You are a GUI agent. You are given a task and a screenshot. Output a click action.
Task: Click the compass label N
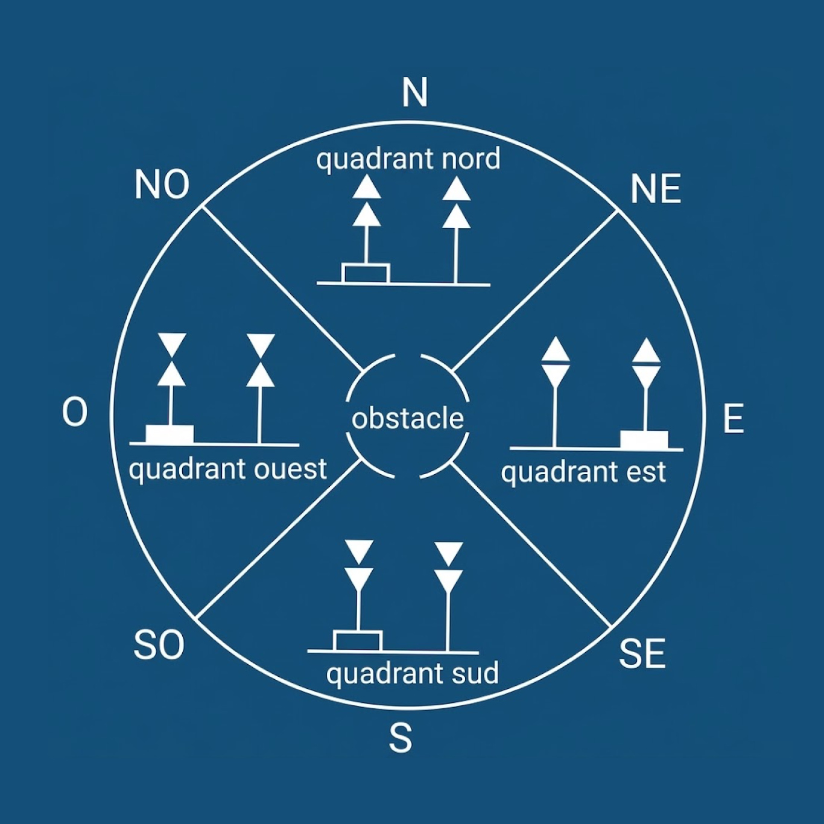point(414,93)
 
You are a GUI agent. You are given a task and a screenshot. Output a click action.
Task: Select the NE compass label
point(656,189)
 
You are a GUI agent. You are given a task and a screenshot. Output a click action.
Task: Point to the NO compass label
point(162,185)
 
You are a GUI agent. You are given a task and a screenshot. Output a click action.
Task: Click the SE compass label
point(642,653)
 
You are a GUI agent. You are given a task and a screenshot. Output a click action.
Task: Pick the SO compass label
point(159,645)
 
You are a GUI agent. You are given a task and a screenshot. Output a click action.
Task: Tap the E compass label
point(734,418)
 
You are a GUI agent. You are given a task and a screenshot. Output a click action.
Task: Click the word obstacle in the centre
point(408,419)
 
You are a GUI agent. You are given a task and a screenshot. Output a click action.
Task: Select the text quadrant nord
point(408,159)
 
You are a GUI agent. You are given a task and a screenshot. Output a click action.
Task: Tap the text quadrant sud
point(412,673)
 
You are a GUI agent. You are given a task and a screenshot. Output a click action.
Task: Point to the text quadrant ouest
point(228,469)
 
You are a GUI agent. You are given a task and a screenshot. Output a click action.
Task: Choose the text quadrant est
point(583,472)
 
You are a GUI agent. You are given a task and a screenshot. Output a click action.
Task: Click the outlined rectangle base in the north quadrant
point(366,274)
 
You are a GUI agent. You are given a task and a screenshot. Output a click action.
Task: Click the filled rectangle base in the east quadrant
point(644,440)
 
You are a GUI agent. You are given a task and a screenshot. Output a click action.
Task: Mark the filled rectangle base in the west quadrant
point(170,434)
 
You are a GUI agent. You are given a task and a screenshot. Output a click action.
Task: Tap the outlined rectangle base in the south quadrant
point(358,641)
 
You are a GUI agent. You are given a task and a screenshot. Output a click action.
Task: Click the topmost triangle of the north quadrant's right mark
point(457,190)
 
